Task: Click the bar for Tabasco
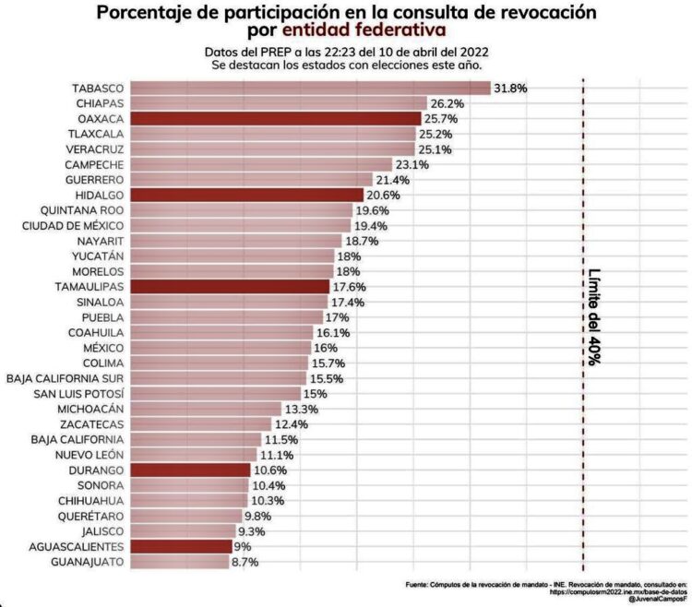click(x=309, y=89)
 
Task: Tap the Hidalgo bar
click(x=247, y=195)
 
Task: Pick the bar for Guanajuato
click(x=179, y=561)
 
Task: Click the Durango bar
click(x=190, y=470)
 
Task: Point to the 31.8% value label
click(x=510, y=89)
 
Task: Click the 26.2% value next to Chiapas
click(x=447, y=104)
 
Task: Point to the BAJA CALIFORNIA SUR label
click(x=66, y=378)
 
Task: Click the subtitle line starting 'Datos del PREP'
click(x=346, y=52)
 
